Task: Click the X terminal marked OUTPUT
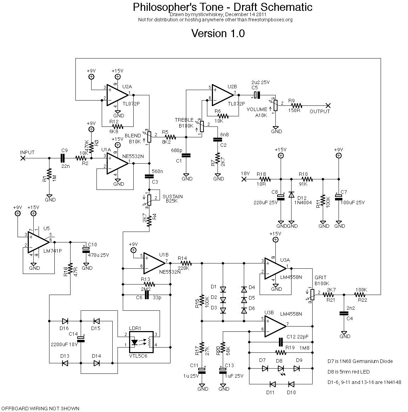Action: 328,105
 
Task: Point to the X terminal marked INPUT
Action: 23,158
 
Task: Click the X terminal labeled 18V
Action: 244,179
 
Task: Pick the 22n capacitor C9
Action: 63,158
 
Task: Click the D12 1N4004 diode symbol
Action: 291,195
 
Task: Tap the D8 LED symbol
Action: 281,368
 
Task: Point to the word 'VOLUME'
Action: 257,109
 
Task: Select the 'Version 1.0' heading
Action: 218,34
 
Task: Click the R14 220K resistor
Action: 185,262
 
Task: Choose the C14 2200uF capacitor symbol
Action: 81,338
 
